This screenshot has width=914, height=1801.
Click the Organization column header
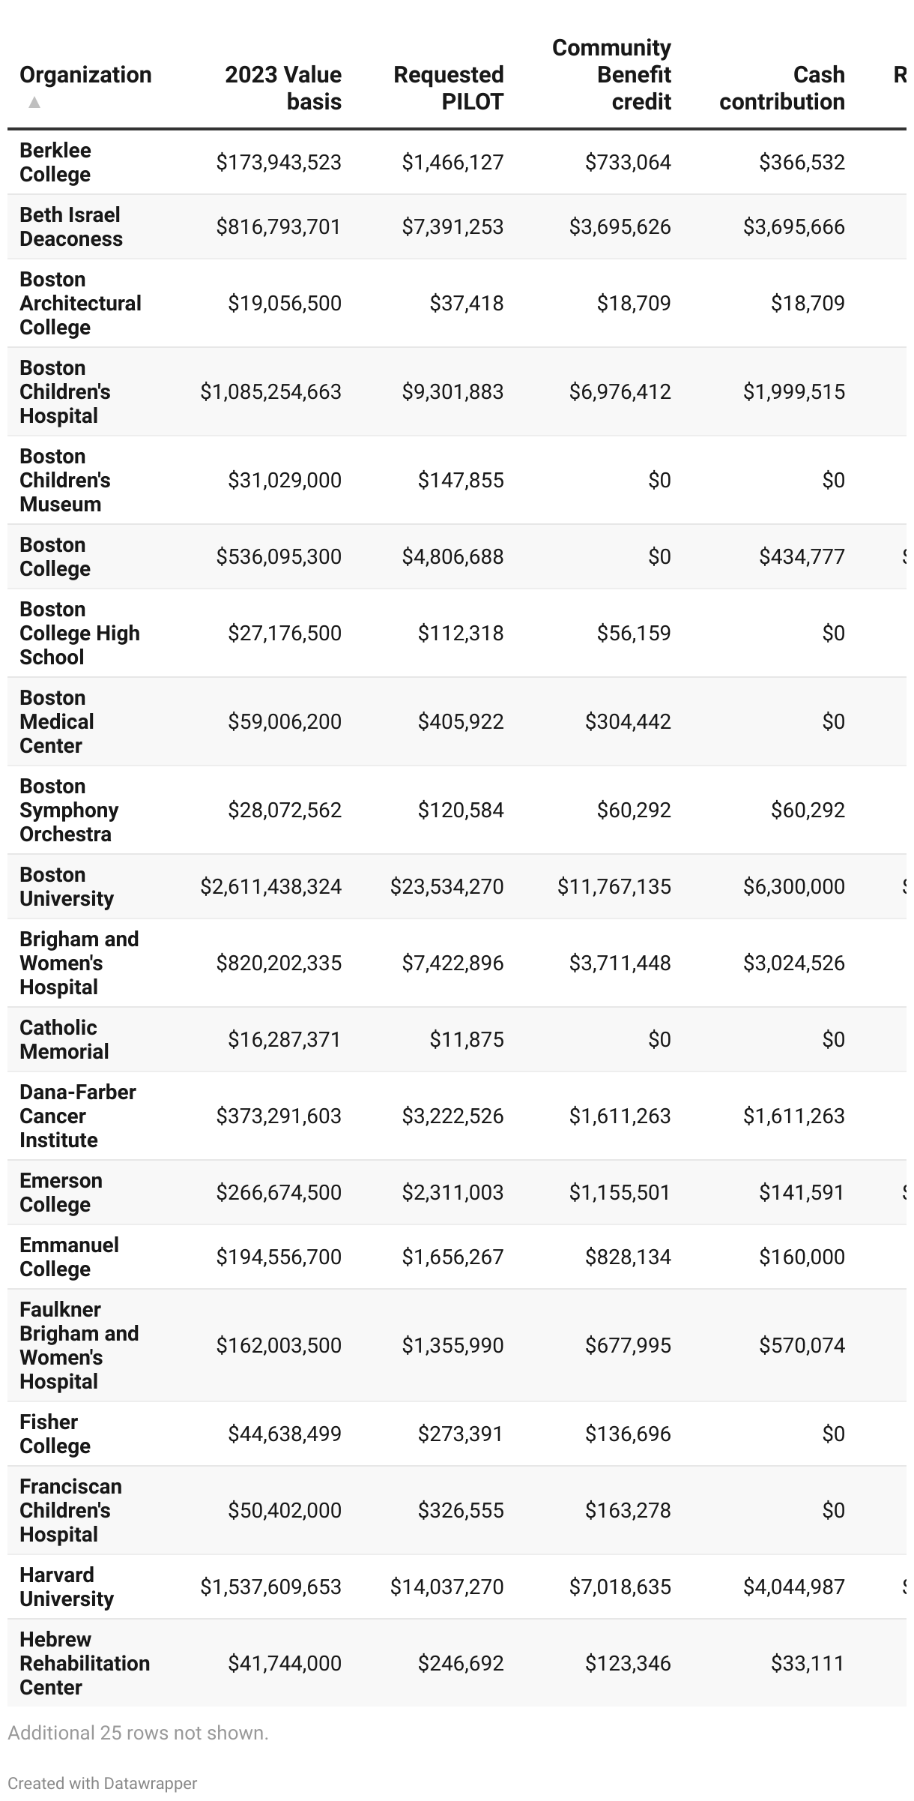point(85,75)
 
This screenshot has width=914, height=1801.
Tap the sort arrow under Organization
point(34,102)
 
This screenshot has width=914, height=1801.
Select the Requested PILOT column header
point(448,88)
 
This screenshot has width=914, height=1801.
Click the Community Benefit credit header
point(611,74)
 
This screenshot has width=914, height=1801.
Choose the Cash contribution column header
point(781,88)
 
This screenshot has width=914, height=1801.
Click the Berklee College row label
point(55,162)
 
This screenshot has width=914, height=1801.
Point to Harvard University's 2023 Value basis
point(270,1587)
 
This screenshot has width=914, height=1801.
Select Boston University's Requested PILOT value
point(447,886)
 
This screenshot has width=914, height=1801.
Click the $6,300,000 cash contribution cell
point(793,886)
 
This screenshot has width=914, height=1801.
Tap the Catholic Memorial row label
point(64,1039)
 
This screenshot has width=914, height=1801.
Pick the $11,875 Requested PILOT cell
point(466,1039)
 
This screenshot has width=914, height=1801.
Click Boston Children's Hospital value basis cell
point(270,391)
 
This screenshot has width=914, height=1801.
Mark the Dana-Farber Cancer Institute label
point(77,1116)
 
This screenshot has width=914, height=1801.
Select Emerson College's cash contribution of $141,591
point(802,1192)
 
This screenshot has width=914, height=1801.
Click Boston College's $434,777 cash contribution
point(802,556)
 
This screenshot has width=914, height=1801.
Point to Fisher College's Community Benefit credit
point(628,1434)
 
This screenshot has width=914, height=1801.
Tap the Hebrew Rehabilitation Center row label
point(84,1663)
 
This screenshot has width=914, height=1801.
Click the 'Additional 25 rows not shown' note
point(138,1733)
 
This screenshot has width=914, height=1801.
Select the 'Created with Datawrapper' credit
point(102,1783)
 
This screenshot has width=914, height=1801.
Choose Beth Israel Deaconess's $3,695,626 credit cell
point(620,226)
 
